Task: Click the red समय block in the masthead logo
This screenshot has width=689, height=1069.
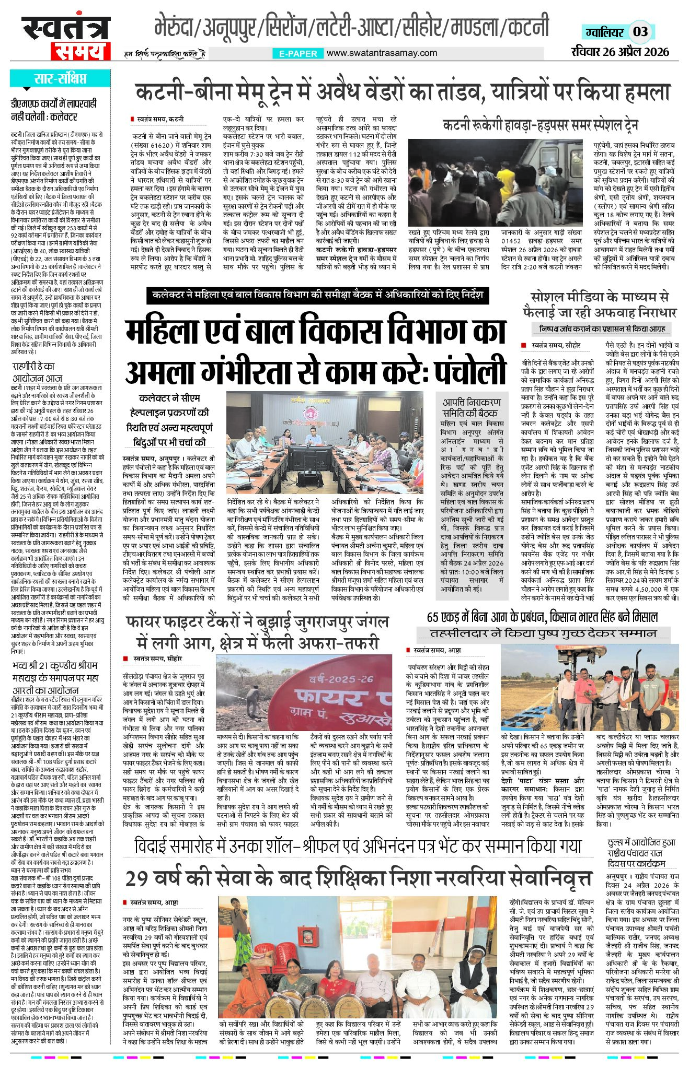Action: (x=81, y=51)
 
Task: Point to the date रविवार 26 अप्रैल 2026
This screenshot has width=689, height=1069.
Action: (x=620, y=52)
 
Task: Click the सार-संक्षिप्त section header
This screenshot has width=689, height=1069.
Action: (x=60, y=79)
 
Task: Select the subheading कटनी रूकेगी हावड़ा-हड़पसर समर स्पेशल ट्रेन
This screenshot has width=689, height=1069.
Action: (x=540, y=125)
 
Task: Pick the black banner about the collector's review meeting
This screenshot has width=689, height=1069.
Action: (x=317, y=295)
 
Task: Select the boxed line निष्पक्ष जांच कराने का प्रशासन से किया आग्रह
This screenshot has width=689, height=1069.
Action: (x=598, y=329)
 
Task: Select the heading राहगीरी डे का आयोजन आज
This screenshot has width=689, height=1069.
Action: (x=37, y=372)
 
